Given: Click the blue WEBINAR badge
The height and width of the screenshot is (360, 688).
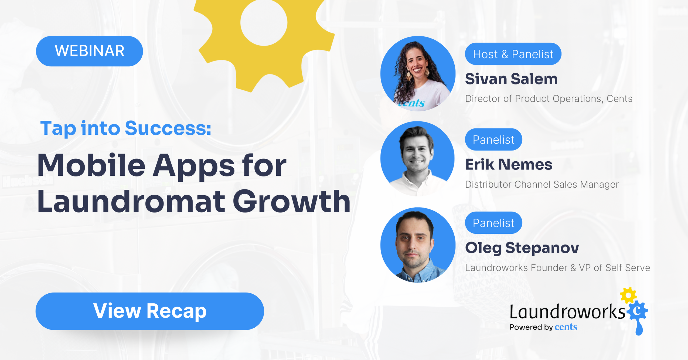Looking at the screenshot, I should [89, 51].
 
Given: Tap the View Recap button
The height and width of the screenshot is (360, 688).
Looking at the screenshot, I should [150, 311].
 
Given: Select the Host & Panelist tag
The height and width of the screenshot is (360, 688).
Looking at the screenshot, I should [513, 54].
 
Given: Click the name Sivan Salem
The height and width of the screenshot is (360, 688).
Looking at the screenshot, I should [511, 79].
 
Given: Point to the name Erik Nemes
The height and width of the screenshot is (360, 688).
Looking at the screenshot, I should [509, 165].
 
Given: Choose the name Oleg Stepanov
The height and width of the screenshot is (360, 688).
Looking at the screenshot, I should [522, 248].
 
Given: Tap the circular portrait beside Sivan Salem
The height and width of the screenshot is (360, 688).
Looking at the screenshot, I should [418, 74].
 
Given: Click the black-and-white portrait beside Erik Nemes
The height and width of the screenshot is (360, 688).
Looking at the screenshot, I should [417, 159].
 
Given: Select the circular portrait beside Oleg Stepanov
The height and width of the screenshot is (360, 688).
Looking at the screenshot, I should [418, 245].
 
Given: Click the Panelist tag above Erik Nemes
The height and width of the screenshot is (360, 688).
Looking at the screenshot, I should [493, 140].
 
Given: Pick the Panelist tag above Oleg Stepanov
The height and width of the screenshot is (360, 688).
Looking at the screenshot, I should [493, 223].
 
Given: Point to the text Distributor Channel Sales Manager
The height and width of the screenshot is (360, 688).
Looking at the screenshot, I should [542, 185].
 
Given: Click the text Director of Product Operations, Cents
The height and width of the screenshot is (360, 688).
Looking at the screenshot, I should [549, 99].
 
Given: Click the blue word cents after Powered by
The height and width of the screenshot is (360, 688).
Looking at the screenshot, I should [566, 327].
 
